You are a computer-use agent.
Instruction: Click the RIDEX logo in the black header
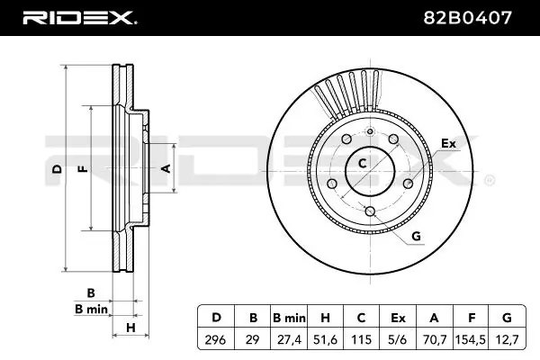80,18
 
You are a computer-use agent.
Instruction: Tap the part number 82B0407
467,18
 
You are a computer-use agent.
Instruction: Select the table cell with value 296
216,340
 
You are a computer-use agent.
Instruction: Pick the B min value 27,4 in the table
289,340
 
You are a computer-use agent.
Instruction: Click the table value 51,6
325,340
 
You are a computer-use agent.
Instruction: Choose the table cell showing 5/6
398,340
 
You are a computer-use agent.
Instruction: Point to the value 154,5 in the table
471,340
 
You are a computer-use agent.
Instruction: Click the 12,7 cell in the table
507,340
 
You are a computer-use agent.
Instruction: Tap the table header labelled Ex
398,318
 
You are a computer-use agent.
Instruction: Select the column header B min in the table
289,318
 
